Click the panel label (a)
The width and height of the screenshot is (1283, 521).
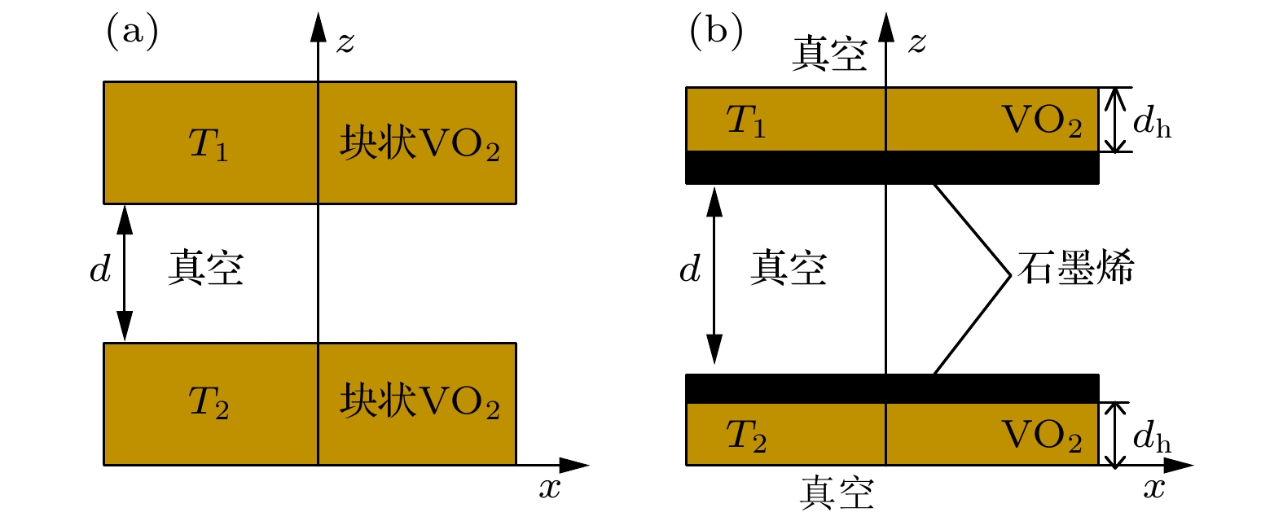[x=132, y=33]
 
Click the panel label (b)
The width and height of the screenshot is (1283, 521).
[x=715, y=33]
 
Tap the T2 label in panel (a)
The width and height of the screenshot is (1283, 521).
[x=209, y=402]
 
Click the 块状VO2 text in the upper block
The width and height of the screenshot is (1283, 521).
[x=420, y=143]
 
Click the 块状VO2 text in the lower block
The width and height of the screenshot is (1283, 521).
[x=420, y=401]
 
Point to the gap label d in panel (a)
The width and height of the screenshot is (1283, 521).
[x=99, y=269]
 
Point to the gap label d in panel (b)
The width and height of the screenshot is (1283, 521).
[x=689, y=269]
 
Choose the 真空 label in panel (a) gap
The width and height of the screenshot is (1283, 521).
[x=205, y=269]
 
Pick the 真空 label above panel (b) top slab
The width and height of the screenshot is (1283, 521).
[x=829, y=55]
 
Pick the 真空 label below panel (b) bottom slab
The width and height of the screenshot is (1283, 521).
[x=836, y=493]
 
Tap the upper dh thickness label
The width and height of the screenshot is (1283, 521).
[x=1152, y=123]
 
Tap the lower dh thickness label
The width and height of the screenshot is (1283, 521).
[x=1152, y=438]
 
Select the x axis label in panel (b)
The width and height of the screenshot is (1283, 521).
[x=1153, y=488]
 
